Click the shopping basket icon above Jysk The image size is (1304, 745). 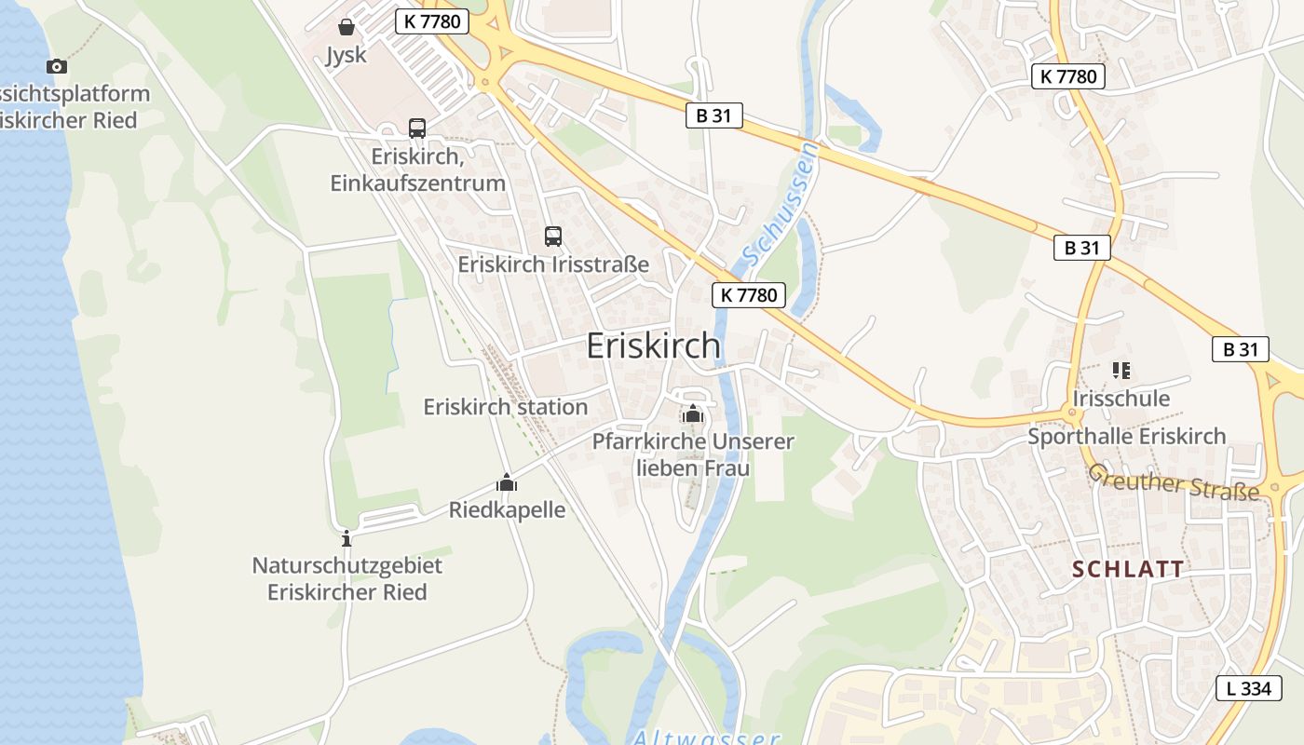[x=346, y=27]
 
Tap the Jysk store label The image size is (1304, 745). [x=346, y=55]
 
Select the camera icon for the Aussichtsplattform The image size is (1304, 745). [x=57, y=66]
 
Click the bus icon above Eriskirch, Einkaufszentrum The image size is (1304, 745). [x=417, y=129]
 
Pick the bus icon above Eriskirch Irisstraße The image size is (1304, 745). [x=553, y=237]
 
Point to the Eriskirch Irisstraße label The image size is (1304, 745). [x=553, y=264]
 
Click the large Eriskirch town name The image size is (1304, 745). [x=653, y=345]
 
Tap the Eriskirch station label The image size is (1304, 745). [x=506, y=407]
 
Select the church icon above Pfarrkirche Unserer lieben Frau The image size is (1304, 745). [x=692, y=413]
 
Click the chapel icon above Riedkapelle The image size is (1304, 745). [x=507, y=482]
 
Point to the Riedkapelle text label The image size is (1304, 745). [x=507, y=509]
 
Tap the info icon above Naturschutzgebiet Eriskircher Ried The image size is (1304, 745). [x=346, y=538]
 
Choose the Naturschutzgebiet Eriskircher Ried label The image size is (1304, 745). [x=347, y=578]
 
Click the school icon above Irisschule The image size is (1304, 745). [x=1121, y=371]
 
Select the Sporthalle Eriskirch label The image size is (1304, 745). [x=1127, y=436]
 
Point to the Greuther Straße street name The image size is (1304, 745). [x=1174, y=482]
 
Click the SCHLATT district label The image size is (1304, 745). [x=1128, y=569]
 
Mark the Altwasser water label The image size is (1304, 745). [x=705, y=738]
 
